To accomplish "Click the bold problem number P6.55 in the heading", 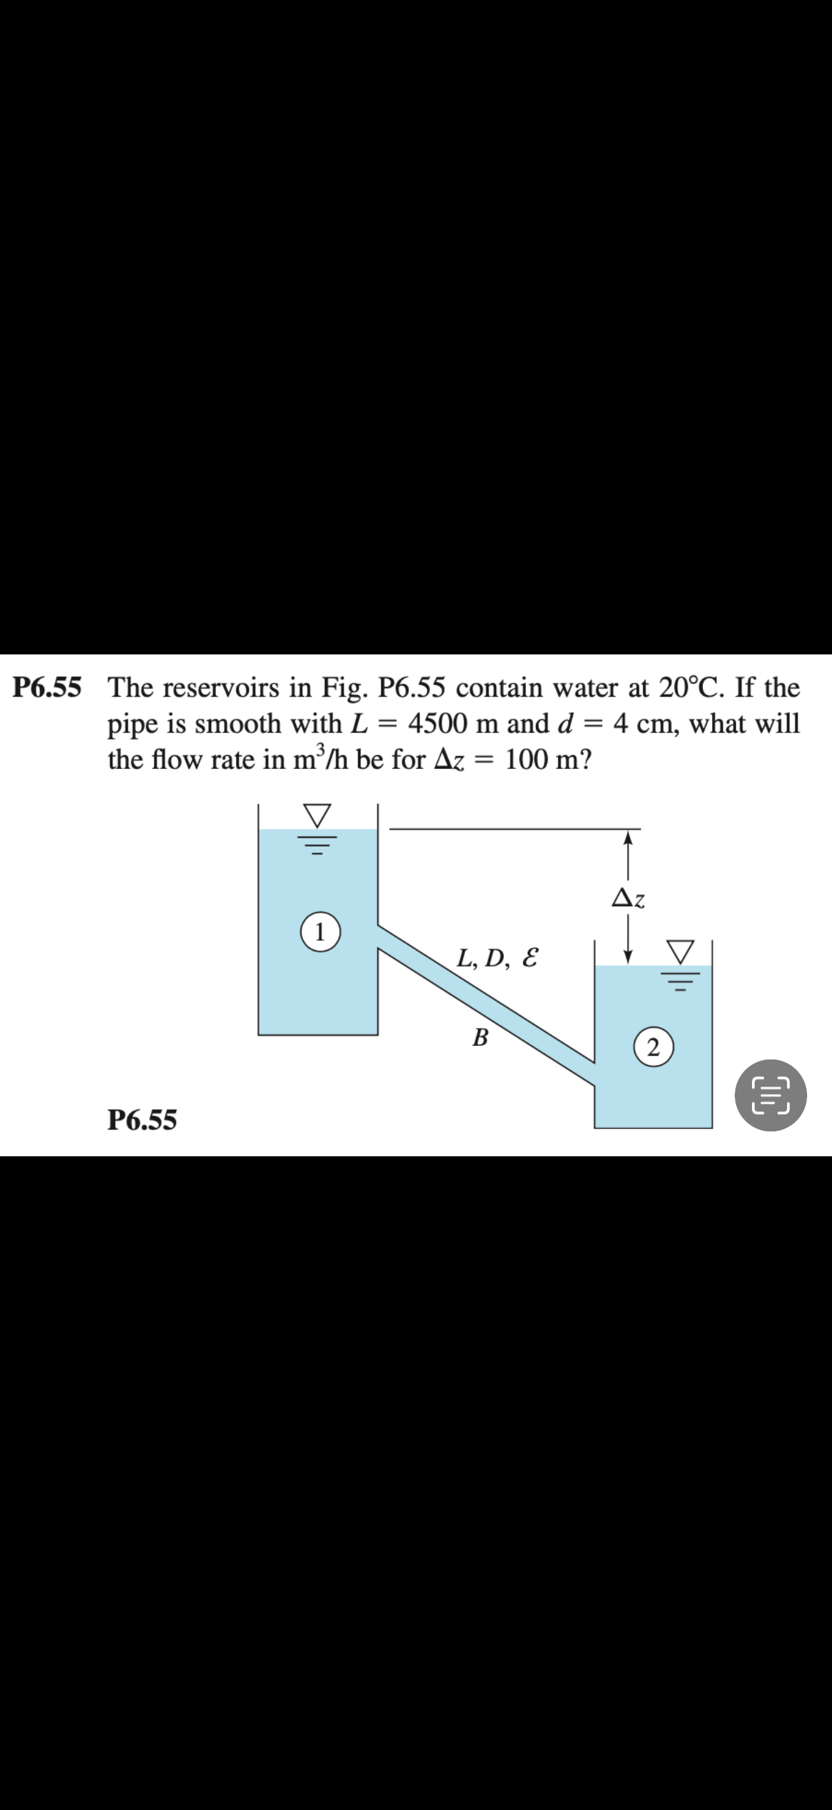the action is (47, 687).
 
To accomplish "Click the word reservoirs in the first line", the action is (235, 687).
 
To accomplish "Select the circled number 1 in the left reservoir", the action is (319, 933).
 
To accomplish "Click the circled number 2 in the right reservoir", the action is (653, 1049).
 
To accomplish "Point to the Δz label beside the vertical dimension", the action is (628, 898).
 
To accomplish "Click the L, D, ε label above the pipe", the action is (497, 957).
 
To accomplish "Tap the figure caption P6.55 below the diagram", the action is (142, 1119).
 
